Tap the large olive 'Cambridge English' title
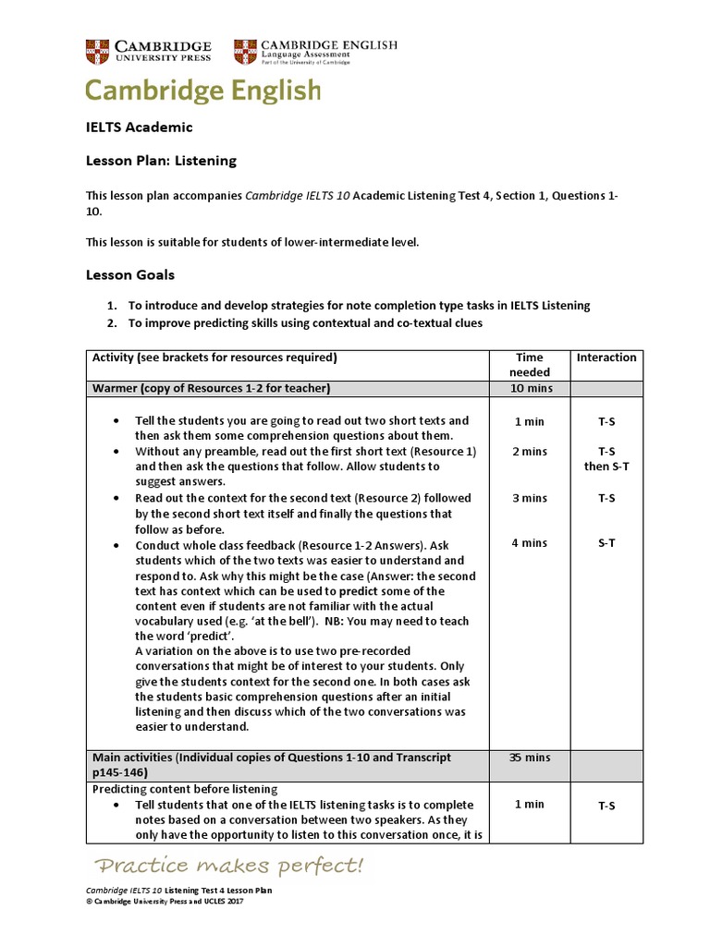[x=203, y=91]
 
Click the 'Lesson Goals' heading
[x=130, y=274]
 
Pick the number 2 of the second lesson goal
[x=110, y=322]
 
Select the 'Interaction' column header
[x=606, y=358]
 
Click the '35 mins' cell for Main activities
[x=529, y=758]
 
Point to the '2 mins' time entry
[x=529, y=452]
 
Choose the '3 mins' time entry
[x=529, y=498]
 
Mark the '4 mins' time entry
[x=529, y=543]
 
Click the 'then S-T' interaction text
[x=606, y=467]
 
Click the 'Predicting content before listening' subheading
[x=185, y=789]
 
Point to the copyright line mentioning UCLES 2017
[x=164, y=901]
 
